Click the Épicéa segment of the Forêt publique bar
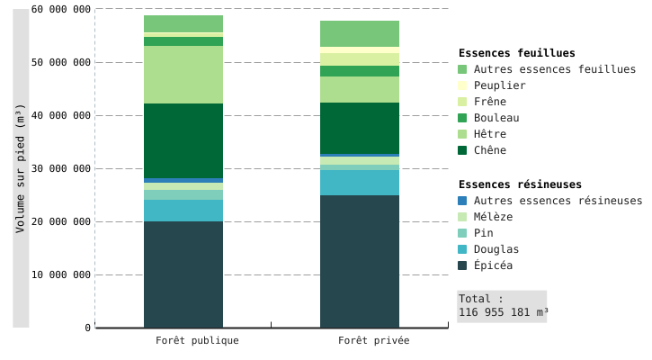[183, 274]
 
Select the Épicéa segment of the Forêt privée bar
[360, 261]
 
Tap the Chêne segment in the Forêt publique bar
[183, 140]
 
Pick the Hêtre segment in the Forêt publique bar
[183, 75]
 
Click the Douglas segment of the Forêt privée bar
[360, 183]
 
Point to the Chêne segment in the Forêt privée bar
[360, 128]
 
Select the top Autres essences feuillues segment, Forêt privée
[360, 33]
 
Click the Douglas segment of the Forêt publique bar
[183, 211]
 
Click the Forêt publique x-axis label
[197, 341]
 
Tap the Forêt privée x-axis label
[373, 341]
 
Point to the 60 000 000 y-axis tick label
[61, 9]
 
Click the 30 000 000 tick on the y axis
[61, 168]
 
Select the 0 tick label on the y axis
[88, 328]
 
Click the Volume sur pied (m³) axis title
[21, 168]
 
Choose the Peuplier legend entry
[499, 85]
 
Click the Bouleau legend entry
[496, 118]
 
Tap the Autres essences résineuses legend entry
[558, 201]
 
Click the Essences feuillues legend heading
[516, 53]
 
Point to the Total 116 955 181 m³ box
[502, 306]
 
